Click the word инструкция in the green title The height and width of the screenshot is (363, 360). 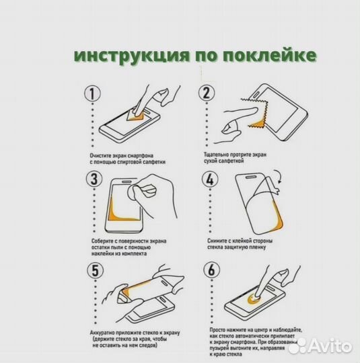click(x=131, y=56)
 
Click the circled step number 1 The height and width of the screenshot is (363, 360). click(x=92, y=94)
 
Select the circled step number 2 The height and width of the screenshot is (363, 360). click(x=207, y=93)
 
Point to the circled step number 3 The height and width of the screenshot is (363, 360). click(x=94, y=179)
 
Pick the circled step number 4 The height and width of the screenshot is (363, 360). click(x=210, y=179)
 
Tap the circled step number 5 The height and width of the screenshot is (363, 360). click(x=96, y=270)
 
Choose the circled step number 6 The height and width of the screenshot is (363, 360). click(x=212, y=270)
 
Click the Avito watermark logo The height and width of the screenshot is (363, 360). click(x=320, y=346)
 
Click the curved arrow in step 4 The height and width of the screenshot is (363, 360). click(x=280, y=176)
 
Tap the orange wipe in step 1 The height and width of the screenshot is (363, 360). click(x=135, y=116)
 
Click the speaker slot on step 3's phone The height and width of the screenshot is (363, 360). click(x=127, y=182)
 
